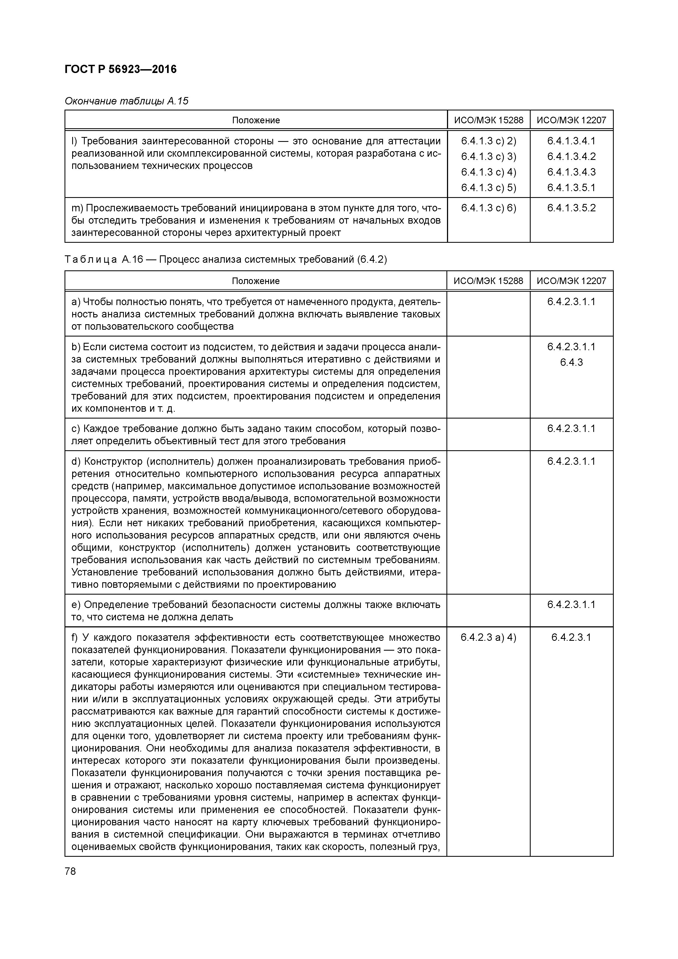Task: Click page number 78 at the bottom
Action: pos(71,872)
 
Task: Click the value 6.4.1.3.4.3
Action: pos(571,172)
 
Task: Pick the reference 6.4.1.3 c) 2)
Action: pos(488,141)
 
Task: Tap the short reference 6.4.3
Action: pos(571,362)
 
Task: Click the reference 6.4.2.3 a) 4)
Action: pos(488,638)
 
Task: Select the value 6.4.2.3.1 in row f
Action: pos(571,638)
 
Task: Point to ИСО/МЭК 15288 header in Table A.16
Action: pos(488,281)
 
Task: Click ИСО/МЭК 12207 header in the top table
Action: pos(571,120)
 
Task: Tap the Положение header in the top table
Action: pos(256,120)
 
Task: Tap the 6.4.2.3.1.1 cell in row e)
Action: pos(571,605)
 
